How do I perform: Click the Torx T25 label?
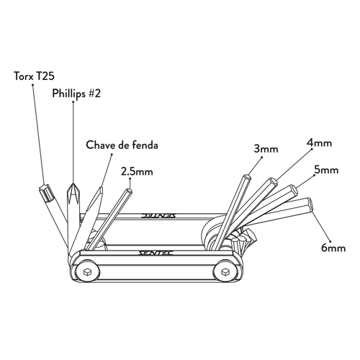[35, 76]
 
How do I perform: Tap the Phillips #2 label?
[76, 94]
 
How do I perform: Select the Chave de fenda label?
[122, 145]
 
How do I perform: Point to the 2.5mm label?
[137, 171]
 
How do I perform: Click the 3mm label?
[266, 149]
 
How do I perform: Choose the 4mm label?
[320, 143]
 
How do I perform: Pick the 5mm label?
[326, 170]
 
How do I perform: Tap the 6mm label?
[333, 248]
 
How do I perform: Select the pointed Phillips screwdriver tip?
[73, 184]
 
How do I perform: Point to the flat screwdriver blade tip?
[101, 189]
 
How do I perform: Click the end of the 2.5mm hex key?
[129, 191]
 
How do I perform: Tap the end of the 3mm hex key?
[247, 177]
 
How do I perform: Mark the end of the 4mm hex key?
[273, 181]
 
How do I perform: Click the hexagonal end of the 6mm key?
[310, 204]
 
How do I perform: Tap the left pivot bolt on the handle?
[87, 271]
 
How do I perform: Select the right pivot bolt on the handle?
[225, 271]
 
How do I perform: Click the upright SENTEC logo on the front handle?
[156, 253]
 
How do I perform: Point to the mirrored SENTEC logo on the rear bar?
[158, 215]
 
